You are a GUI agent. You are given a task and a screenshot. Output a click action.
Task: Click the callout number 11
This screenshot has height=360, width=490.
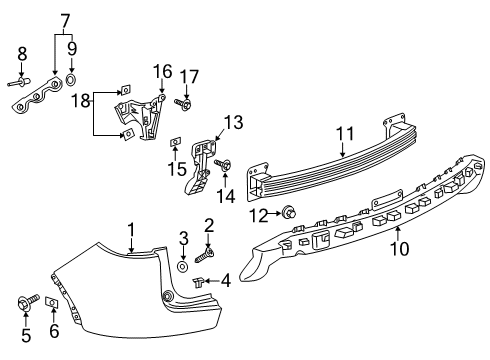tap(343, 133)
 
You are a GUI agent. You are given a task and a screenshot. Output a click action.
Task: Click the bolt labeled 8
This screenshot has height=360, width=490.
tap(20, 84)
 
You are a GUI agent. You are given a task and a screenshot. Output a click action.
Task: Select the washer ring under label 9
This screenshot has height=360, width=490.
tap(72, 78)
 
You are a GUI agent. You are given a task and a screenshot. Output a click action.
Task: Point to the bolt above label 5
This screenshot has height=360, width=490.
tap(24, 299)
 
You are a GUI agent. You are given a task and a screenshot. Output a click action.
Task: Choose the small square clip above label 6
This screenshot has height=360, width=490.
tap(53, 301)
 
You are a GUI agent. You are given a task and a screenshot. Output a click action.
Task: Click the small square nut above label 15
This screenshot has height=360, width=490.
tap(175, 141)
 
